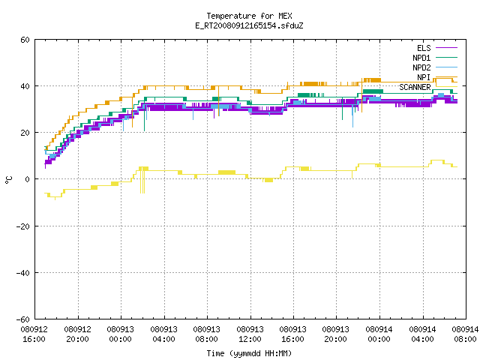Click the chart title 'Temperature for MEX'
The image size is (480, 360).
point(249,16)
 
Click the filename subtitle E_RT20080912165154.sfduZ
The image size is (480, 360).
point(249,25)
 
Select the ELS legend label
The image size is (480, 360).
point(424,48)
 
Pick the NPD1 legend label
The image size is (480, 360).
point(421,58)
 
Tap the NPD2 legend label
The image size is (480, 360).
point(421,67)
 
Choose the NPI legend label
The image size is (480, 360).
point(424,77)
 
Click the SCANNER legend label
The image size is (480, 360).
point(415,87)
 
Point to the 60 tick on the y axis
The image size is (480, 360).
point(25,40)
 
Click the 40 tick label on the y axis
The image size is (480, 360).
point(25,86)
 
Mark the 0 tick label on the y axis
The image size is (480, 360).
point(28,179)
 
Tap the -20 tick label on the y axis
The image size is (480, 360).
point(23,226)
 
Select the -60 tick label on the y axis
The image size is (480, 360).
point(23,319)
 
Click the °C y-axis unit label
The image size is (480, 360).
point(9,180)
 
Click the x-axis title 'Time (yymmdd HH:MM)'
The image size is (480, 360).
point(249,353)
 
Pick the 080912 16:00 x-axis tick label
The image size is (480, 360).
point(34,334)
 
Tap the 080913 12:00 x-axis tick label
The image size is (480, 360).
point(250,334)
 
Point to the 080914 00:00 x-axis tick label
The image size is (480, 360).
point(379,334)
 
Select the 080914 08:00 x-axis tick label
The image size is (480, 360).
point(465,334)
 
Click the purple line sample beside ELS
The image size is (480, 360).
point(446,48)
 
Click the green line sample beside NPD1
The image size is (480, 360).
point(446,58)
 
